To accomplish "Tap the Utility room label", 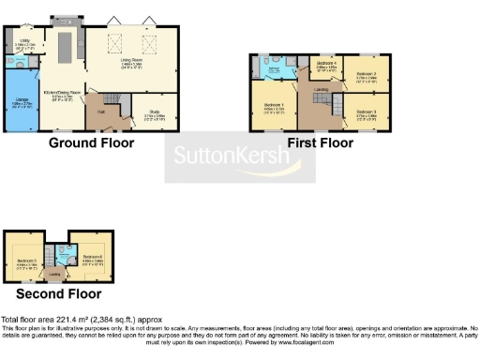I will (25, 42).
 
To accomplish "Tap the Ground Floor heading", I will (91, 143).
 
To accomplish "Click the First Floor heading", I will (321, 143).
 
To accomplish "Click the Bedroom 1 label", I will (274, 105).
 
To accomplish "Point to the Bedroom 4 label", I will (325, 64).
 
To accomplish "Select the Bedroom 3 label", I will (366, 113).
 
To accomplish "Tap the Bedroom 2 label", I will (366, 73).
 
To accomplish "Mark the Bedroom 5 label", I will (25, 257).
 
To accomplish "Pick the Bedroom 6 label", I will (91, 257).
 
